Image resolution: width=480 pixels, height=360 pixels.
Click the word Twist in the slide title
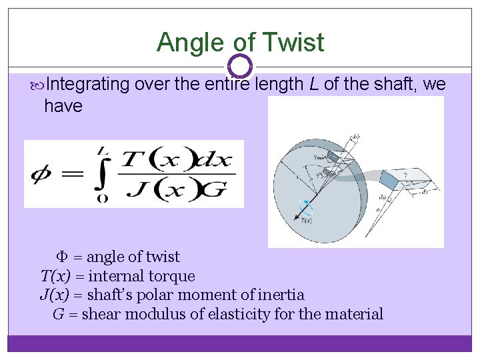293,43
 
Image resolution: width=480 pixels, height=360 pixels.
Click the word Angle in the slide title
189,43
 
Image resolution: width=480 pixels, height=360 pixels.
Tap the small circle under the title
240,65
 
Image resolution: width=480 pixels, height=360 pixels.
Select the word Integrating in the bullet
88,85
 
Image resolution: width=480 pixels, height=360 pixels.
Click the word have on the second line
63,105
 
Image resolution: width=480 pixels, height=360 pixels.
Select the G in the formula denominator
215,189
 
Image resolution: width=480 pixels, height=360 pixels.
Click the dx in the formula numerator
215,159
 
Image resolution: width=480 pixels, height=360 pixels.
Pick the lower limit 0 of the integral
101,198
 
